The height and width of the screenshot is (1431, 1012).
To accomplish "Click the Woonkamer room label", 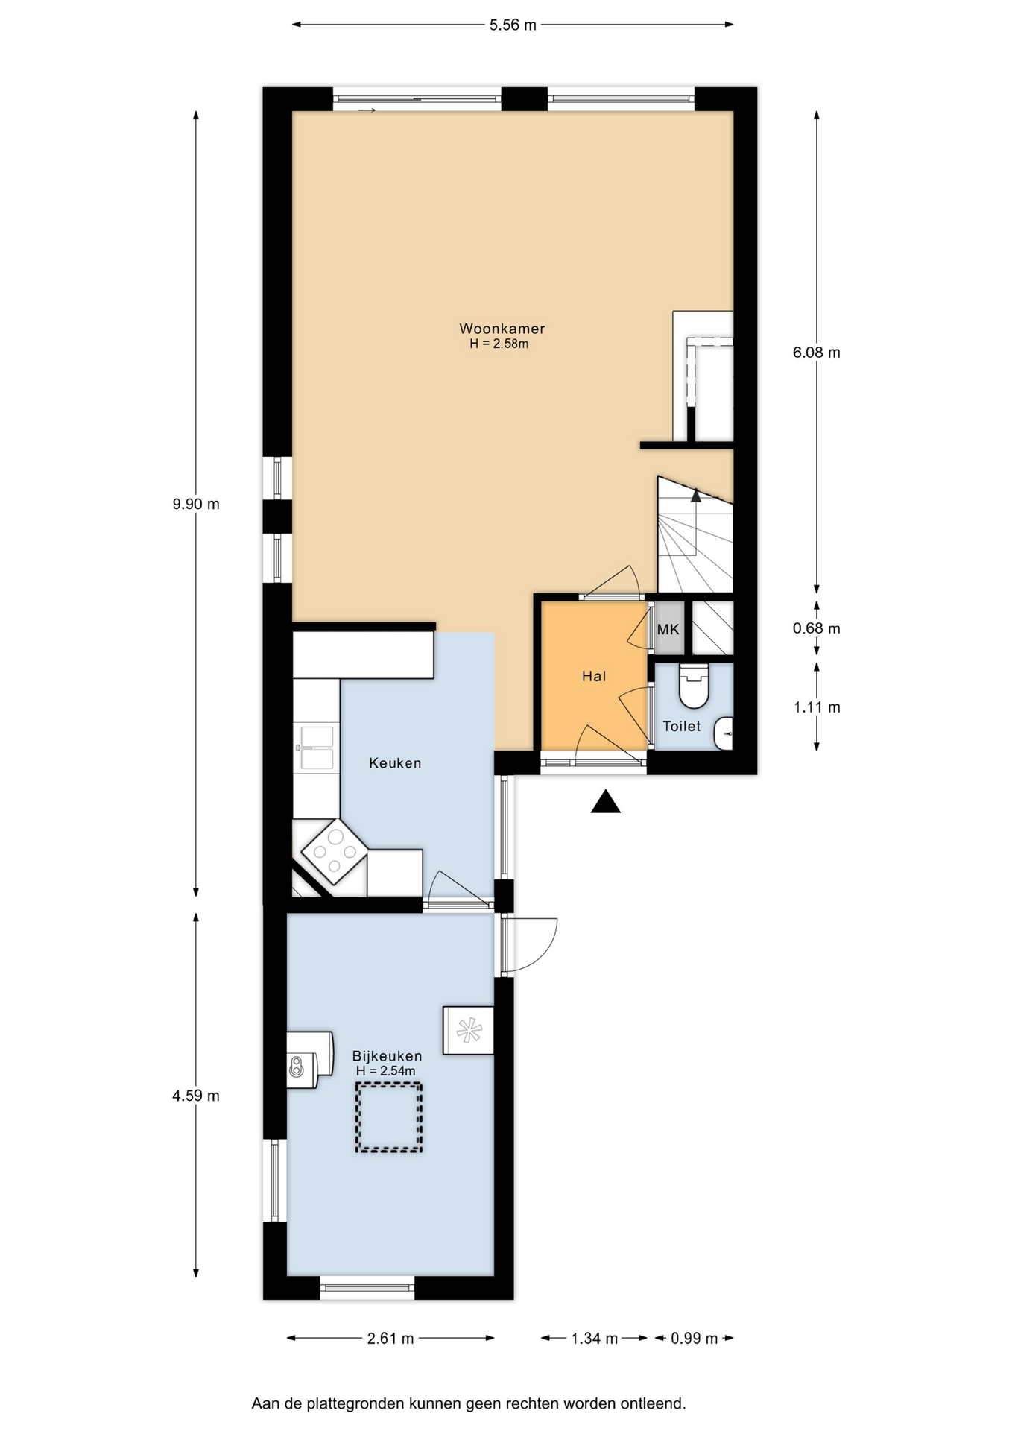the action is (502, 329).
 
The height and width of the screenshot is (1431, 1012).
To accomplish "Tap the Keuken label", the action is (395, 763).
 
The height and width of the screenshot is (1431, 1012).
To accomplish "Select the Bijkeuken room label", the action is (387, 1056).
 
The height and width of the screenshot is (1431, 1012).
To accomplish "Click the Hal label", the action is (594, 677).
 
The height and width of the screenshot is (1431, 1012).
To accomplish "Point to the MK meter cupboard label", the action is (668, 630).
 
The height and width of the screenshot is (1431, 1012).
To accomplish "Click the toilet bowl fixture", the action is (694, 686).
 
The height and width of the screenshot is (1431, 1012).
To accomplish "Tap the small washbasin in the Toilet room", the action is (724, 734).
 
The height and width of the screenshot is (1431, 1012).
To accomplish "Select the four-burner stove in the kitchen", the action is (334, 852).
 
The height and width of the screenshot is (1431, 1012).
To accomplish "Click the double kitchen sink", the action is (316, 748).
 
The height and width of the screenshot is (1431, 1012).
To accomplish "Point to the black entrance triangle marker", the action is (606, 802).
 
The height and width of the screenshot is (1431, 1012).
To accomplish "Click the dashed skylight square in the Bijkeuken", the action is (388, 1118).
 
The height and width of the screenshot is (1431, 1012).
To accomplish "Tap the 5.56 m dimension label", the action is (513, 25).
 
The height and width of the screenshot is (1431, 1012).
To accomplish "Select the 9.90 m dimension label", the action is (196, 504).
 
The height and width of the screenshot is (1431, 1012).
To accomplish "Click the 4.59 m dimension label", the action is (196, 1096).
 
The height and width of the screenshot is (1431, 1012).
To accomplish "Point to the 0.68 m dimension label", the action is (817, 628).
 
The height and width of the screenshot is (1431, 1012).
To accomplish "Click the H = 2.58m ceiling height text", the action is (499, 344).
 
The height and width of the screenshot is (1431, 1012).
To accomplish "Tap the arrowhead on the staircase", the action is (695, 495).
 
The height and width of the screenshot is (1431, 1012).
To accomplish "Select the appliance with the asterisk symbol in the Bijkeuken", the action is (469, 1031).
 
